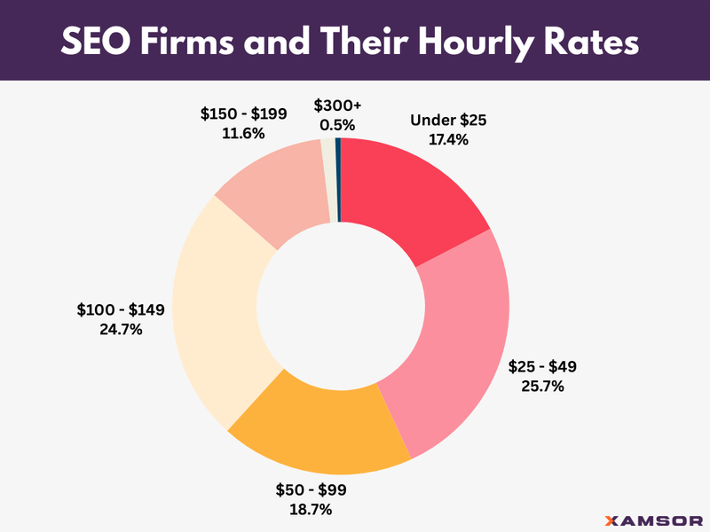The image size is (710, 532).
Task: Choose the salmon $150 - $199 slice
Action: pyautogui.click(x=271, y=191)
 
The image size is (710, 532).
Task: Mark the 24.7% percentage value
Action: pyautogui.click(x=121, y=330)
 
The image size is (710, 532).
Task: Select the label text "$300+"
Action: pyautogui.click(x=338, y=106)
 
